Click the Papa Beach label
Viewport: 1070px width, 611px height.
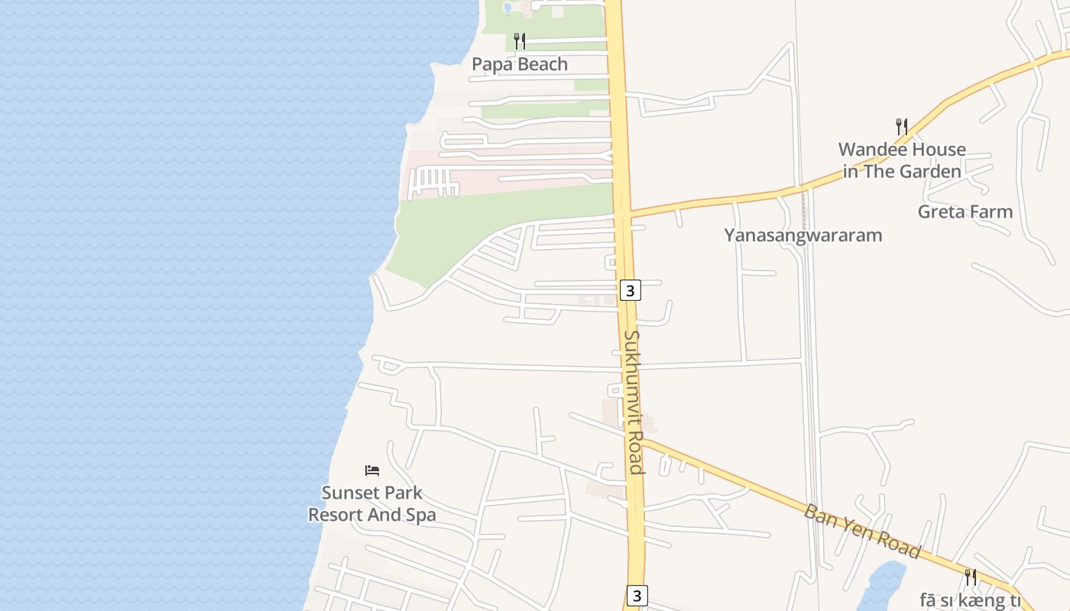[520, 64]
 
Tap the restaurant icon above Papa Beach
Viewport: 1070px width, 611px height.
[520, 40]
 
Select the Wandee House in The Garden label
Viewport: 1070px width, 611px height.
[902, 160]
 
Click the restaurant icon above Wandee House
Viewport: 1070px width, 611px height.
[902, 126]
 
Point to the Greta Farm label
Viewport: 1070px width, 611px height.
[965, 212]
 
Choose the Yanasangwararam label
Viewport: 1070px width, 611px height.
[803, 235]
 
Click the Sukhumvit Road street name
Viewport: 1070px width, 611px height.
[634, 402]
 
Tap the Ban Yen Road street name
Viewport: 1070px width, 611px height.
[862, 531]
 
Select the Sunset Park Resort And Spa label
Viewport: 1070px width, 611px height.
[372, 504]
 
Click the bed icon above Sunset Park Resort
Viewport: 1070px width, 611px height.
[372, 470]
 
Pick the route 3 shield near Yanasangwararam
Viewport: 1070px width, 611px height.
[630, 290]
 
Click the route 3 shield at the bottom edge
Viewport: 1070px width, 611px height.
[637, 595]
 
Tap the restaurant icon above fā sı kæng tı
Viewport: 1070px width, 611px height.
[971, 577]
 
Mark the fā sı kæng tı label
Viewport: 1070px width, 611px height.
[971, 600]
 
